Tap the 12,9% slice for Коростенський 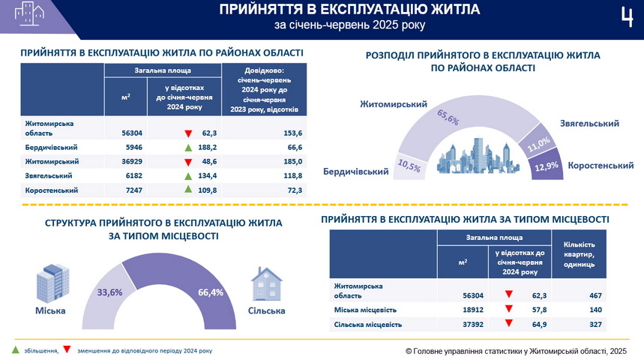tap(546, 164)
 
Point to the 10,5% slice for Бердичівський tap(409, 166)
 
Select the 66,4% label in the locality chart tap(211, 292)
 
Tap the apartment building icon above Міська tap(49, 283)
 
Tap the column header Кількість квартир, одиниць tap(578, 254)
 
